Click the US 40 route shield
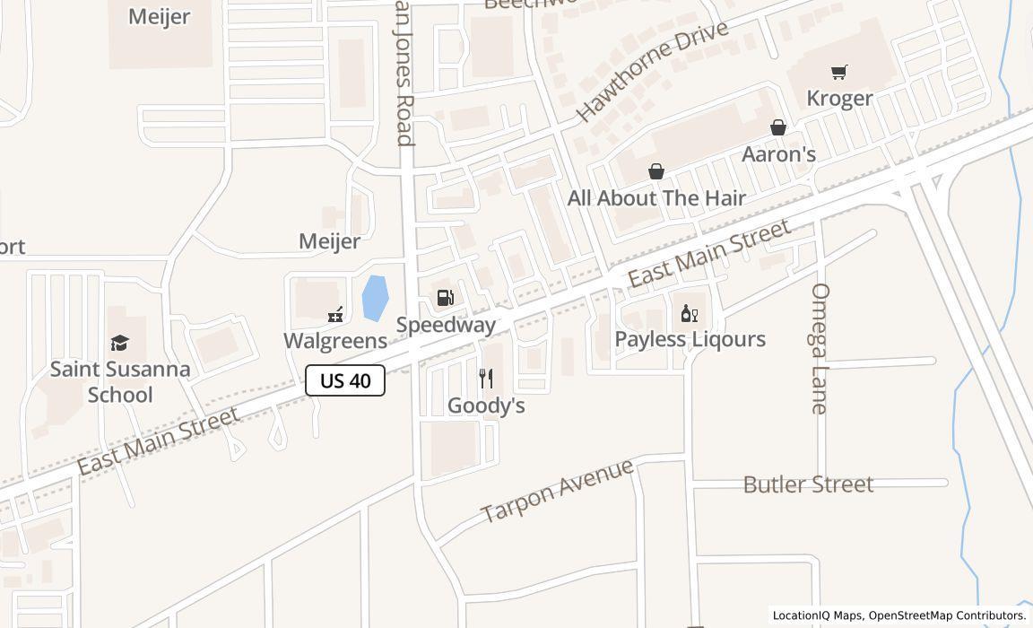[x=345, y=380]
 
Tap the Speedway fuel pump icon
[x=445, y=298]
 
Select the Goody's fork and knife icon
[x=486, y=378]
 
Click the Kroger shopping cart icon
[x=839, y=72]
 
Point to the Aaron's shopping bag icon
[x=778, y=127]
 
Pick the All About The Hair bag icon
[x=656, y=171]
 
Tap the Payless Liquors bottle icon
[x=689, y=313]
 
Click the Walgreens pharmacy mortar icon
[x=335, y=314]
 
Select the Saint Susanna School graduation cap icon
[x=119, y=343]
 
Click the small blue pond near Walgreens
[x=375, y=298]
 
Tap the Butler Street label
[x=808, y=484]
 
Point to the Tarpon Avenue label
[x=557, y=490]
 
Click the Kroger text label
[x=839, y=98]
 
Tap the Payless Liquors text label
[x=690, y=339]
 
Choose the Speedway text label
[x=446, y=325]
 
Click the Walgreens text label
[x=335, y=341]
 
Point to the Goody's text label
[x=486, y=406]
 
